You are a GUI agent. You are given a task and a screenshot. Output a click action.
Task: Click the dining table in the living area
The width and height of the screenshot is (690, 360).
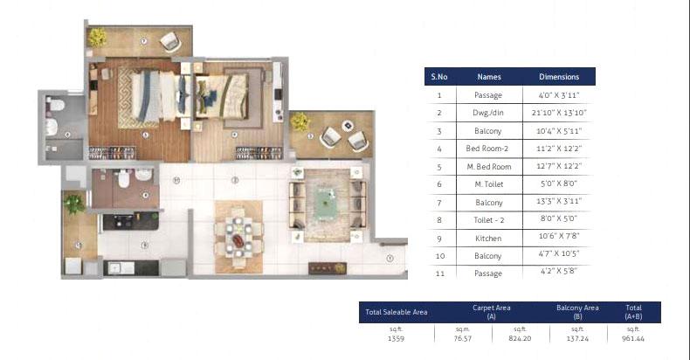[x=238, y=232]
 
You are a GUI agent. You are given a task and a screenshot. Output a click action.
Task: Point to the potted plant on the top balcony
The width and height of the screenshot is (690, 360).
[x=97, y=37]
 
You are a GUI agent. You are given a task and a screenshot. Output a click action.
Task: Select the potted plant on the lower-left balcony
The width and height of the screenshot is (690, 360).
[x=73, y=204]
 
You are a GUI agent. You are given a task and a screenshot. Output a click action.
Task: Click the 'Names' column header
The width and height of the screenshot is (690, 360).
[x=489, y=77]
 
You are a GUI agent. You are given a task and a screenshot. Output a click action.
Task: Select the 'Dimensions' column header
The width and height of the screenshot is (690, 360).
[x=559, y=77]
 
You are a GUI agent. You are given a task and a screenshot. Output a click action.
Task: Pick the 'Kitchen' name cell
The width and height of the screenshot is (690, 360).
[x=489, y=238]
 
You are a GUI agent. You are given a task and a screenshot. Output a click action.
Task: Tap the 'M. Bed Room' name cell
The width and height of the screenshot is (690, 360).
[x=489, y=166]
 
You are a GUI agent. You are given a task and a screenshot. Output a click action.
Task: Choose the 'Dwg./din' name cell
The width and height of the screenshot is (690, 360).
[x=489, y=113]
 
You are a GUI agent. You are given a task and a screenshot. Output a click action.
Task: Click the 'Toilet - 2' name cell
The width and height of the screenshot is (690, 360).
[x=489, y=220]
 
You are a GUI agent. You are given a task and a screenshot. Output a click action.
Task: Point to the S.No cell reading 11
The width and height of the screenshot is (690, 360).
[x=439, y=273]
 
